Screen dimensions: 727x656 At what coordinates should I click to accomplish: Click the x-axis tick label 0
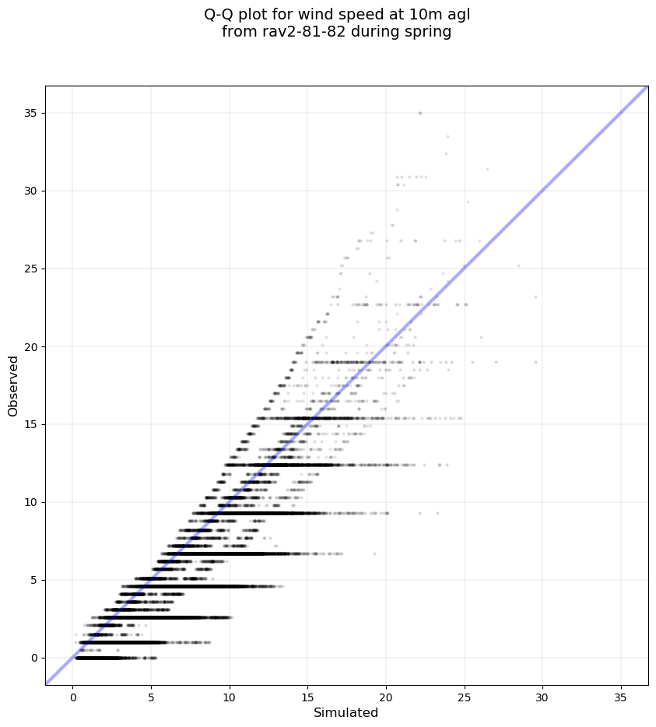click(x=72, y=696)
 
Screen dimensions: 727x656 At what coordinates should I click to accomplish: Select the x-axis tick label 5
click(x=151, y=696)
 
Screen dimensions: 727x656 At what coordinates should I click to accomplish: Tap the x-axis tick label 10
click(x=229, y=696)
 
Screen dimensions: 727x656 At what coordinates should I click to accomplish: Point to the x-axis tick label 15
click(x=307, y=696)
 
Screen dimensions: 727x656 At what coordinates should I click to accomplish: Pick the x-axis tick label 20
click(x=386, y=696)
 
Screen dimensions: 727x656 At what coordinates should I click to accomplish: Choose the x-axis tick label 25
click(x=465, y=696)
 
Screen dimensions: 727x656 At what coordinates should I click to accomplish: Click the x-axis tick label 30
click(x=542, y=696)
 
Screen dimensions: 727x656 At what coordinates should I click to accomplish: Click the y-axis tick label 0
click(x=33, y=658)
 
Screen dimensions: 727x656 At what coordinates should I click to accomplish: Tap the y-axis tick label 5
click(x=33, y=580)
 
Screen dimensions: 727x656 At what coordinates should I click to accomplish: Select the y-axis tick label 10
click(x=30, y=502)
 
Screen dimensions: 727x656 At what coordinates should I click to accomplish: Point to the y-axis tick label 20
click(x=30, y=346)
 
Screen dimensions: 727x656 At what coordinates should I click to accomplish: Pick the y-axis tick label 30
click(x=30, y=191)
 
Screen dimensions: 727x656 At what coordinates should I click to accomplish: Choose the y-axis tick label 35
click(x=30, y=113)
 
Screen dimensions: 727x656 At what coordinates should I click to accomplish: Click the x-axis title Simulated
click(x=346, y=713)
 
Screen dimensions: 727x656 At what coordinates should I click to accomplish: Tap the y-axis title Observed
click(x=13, y=385)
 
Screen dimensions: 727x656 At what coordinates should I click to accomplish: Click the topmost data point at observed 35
click(x=420, y=113)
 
